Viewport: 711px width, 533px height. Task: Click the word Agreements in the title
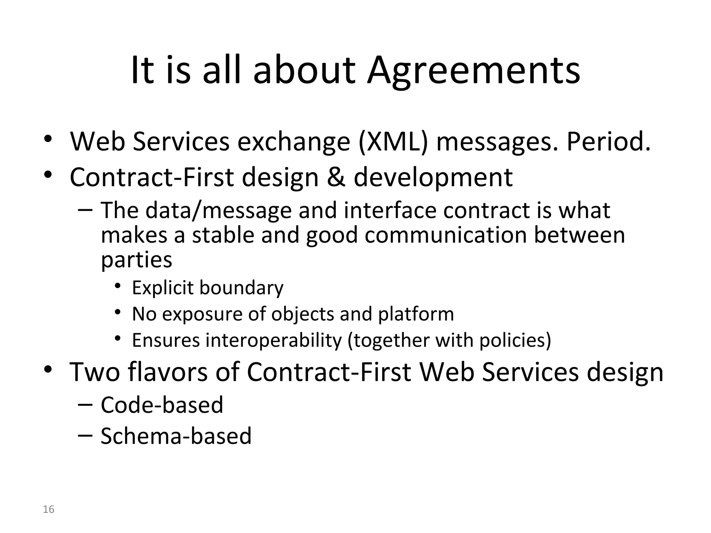474,71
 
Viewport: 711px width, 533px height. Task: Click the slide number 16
49,509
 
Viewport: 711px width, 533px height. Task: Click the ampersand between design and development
336,177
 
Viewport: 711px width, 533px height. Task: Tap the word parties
136,260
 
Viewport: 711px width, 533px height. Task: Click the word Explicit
162,288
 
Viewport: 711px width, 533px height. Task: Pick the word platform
416,314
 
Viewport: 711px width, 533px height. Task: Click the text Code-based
162,405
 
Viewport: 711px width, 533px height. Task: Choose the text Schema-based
176,436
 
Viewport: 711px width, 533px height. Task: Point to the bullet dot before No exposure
118,312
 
